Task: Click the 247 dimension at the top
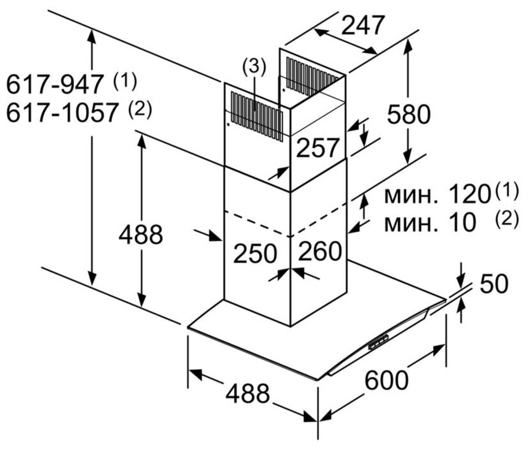[363, 25]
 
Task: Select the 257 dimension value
[318, 149]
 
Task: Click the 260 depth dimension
[319, 252]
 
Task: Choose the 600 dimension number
[386, 381]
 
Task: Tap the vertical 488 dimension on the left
[141, 235]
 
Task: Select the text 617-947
[56, 83]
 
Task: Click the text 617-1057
[63, 113]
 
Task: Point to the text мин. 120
[437, 194]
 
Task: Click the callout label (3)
[253, 66]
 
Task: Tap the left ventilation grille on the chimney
[255, 114]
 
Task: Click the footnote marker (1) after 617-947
[124, 80]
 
